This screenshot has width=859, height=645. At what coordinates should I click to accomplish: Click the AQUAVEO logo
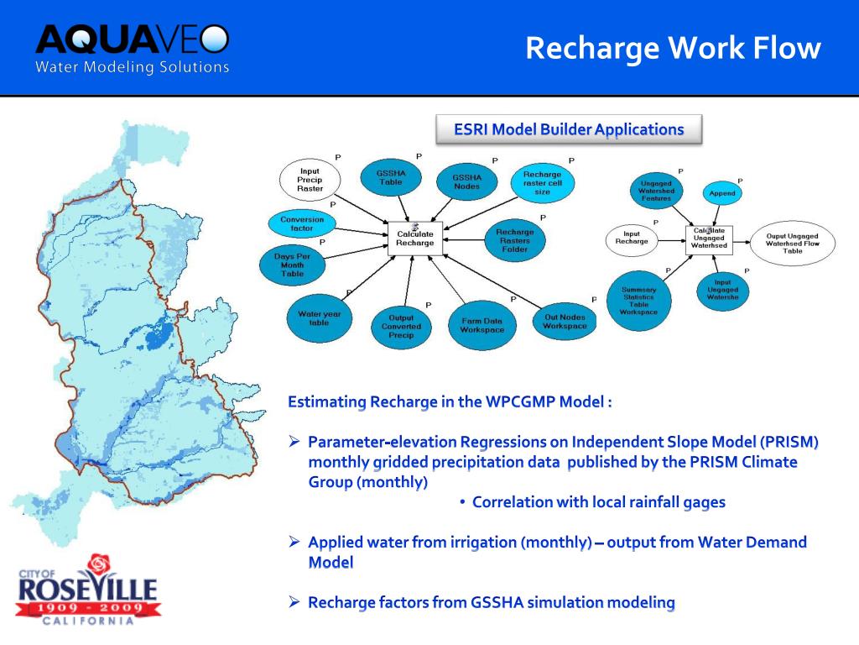coord(132,49)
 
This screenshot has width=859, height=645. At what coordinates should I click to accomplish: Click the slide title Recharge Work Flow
coord(673,48)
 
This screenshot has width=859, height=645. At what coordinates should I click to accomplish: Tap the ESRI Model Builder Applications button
coord(569,129)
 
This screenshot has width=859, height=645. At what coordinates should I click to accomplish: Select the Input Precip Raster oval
coord(310,180)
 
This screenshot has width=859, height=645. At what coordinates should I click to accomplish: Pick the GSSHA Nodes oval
coord(467,181)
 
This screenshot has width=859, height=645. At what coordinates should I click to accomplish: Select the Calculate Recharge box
coord(415,238)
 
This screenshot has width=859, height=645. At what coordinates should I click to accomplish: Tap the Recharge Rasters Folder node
coord(514,240)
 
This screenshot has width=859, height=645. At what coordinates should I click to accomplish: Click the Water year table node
coord(319,318)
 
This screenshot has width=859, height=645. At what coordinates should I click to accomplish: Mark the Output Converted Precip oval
coord(401,327)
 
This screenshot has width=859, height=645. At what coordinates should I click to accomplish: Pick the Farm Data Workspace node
coord(482,325)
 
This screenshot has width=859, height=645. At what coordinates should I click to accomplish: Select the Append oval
coord(721,193)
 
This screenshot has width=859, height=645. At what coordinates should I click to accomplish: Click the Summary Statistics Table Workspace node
coord(639,301)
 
